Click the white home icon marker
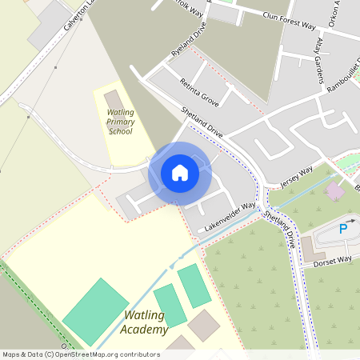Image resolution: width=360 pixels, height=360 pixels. pyautogui.click(x=180, y=173)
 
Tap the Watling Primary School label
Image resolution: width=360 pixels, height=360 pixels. pyautogui.click(x=120, y=122)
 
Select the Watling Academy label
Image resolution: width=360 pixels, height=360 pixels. pyautogui.click(x=145, y=323)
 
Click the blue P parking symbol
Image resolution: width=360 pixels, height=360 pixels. pyautogui.click(x=343, y=229)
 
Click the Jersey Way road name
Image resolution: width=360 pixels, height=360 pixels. pyautogui.click(x=295, y=178)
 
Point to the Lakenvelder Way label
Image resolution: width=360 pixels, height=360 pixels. pyautogui.click(x=230, y=217)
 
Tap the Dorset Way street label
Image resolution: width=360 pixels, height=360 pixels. pyautogui.click(x=332, y=260)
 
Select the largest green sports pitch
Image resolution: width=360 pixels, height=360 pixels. pyautogui.click(x=96, y=310)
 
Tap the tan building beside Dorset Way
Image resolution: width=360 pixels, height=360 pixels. pyautogui.click(x=313, y=249)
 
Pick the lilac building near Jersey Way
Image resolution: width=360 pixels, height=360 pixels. pyautogui.click(x=335, y=190)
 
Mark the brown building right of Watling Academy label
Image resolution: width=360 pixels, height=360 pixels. pyautogui.click(x=203, y=324)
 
